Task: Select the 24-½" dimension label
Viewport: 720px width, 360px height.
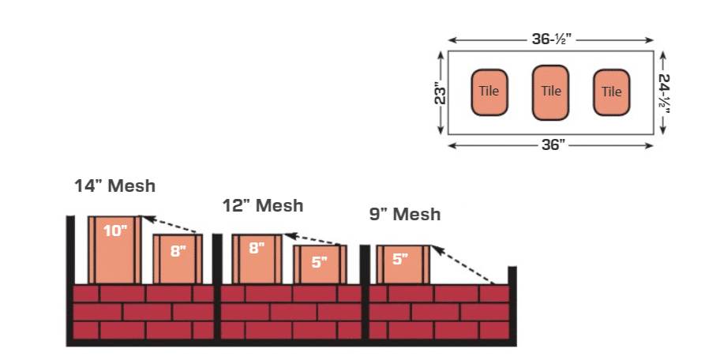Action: pyautogui.click(x=664, y=92)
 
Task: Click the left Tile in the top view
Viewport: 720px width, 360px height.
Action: pyautogui.click(x=489, y=92)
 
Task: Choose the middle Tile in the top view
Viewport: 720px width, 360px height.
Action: pyautogui.click(x=551, y=92)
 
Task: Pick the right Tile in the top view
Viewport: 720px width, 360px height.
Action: pyautogui.click(x=612, y=92)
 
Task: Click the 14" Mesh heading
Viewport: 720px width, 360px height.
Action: pyautogui.click(x=115, y=187)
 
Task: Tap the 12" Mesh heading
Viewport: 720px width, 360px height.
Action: pyautogui.click(x=263, y=205)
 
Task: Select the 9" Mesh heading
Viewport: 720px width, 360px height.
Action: pyautogui.click(x=404, y=214)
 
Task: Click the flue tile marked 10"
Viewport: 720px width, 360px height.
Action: pyautogui.click(x=115, y=249)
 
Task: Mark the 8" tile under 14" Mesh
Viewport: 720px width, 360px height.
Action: pyautogui.click(x=178, y=258)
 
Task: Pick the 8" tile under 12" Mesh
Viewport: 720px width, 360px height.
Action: pyautogui.click(x=257, y=258)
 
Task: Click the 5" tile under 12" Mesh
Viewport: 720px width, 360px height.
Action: pyautogui.click(x=320, y=264)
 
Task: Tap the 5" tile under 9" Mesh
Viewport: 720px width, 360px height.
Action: pyautogui.click(x=401, y=264)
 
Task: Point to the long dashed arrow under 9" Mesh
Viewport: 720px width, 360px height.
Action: pyautogui.click(x=464, y=264)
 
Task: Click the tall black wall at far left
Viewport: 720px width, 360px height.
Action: pyautogui.click(x=70, y=276)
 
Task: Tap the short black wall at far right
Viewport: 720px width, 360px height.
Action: pyautogui.click(x=512, y=304)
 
